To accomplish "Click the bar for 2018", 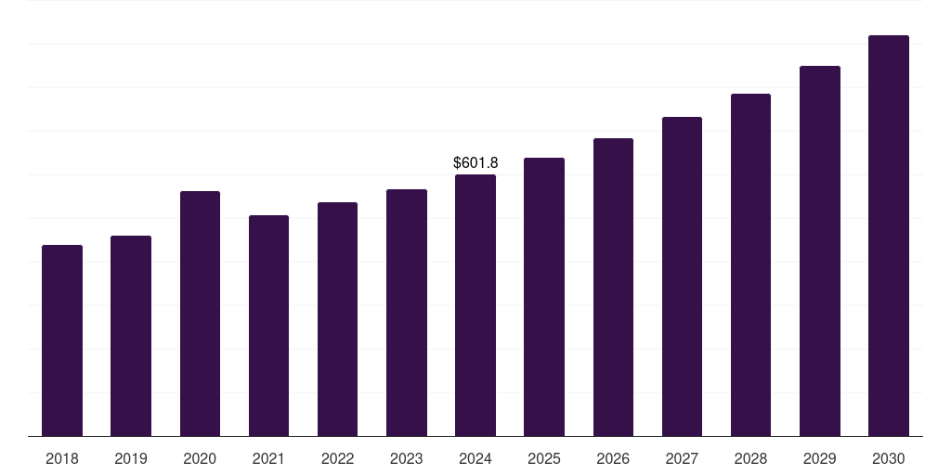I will coord(62,340).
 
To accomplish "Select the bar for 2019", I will coord(131,336).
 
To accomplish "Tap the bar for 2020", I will coord(200,314).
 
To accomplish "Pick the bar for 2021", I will coord(268,326).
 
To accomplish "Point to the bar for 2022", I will coord(337,319).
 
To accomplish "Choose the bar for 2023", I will coord(407,313).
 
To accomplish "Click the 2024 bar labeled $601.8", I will coord(475,305).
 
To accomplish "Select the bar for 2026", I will coord(613,288).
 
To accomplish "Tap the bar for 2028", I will coord(750,265).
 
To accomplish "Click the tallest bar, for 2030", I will coord(889,236).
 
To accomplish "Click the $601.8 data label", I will coord(475,163).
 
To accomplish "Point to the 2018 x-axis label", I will coord(62,459).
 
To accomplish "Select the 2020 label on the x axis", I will coord(200,459).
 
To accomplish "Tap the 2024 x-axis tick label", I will coord(475,459).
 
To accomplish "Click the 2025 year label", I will coord(544,459).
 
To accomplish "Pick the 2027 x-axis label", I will coord(682,459).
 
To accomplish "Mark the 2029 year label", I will coord(819,459).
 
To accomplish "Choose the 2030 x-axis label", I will coord(889,459).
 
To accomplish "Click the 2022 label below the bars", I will coord(337,459).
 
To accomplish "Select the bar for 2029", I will coord(819,251).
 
